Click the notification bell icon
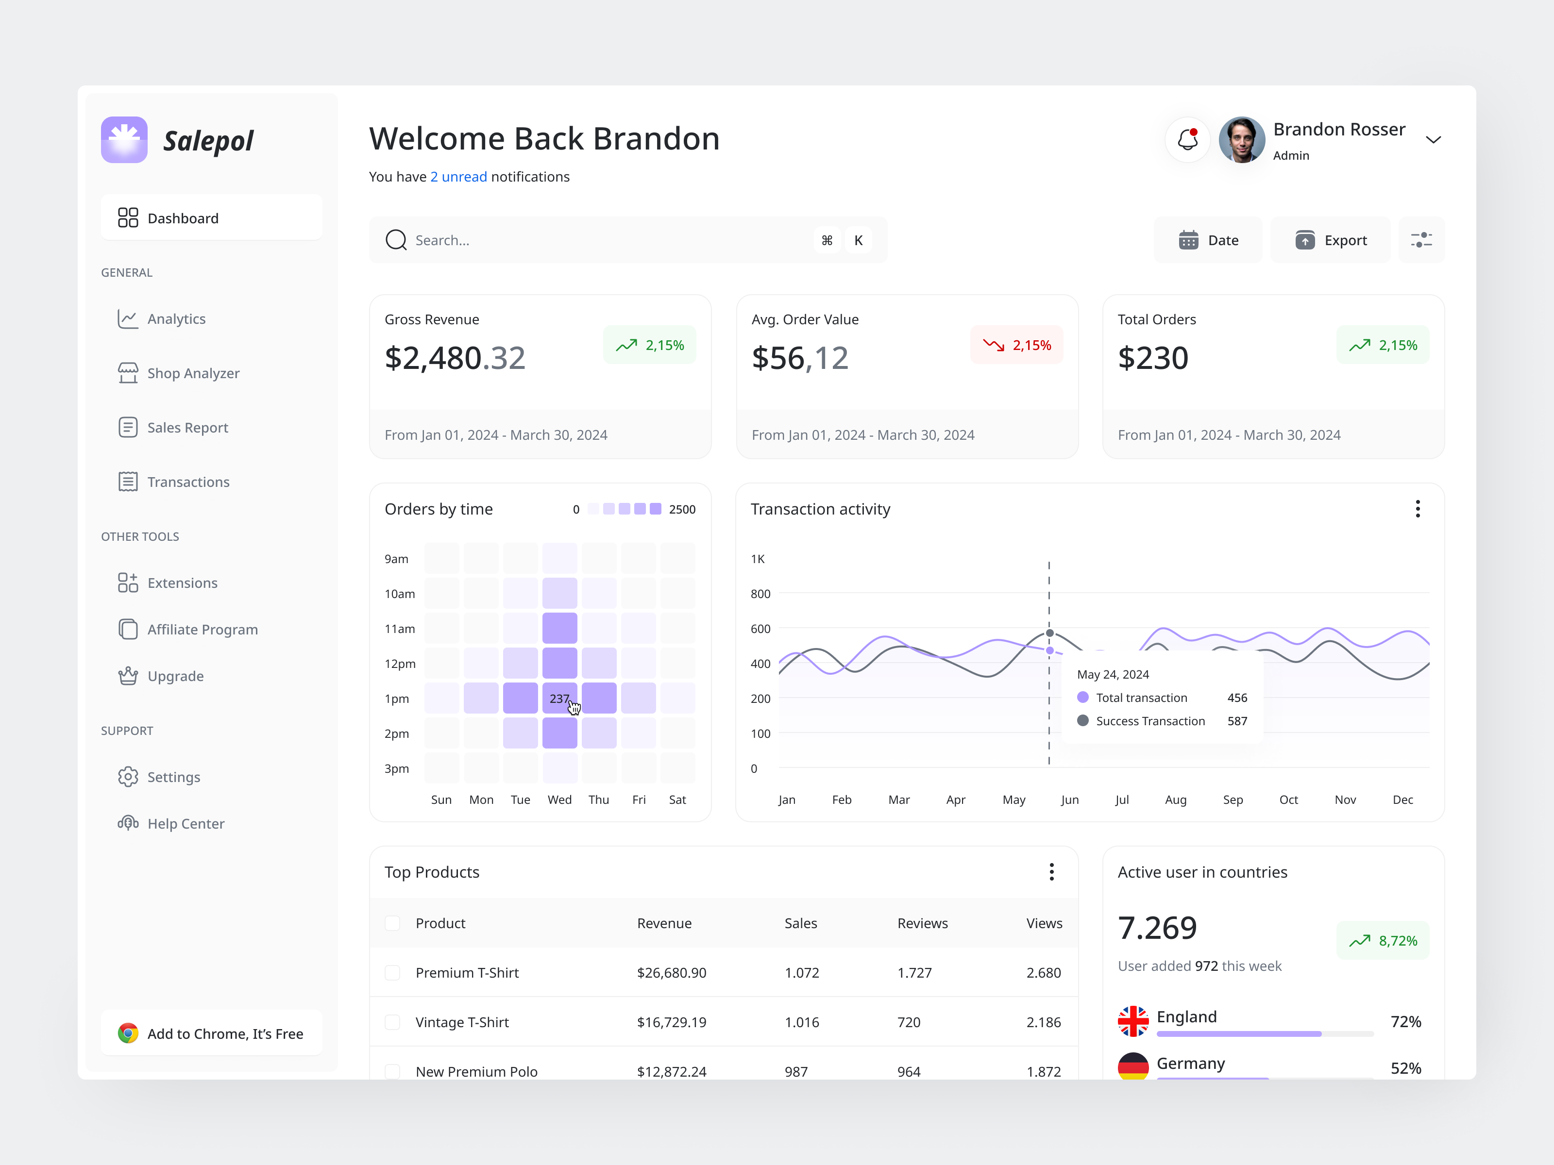tap(1187, 140)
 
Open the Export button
tap(1331, 240)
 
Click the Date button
tap(1208, 240)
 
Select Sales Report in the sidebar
tap(187, 428)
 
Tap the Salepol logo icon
tap(124, 140)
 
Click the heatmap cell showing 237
tap(559, 699)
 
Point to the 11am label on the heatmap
tap(400, 629)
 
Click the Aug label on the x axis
tap(1175, 800)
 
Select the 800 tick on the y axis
tap(760, 594)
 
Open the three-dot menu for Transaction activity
tap(1418, 509)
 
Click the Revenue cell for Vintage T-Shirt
tap(672, 1022)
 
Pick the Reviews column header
tap(922, 923)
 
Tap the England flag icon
tap(1133, 1021)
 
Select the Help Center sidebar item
tap(186, 824)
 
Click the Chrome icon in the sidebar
tap(128, 1033)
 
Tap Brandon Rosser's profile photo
tap(1241, 140)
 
